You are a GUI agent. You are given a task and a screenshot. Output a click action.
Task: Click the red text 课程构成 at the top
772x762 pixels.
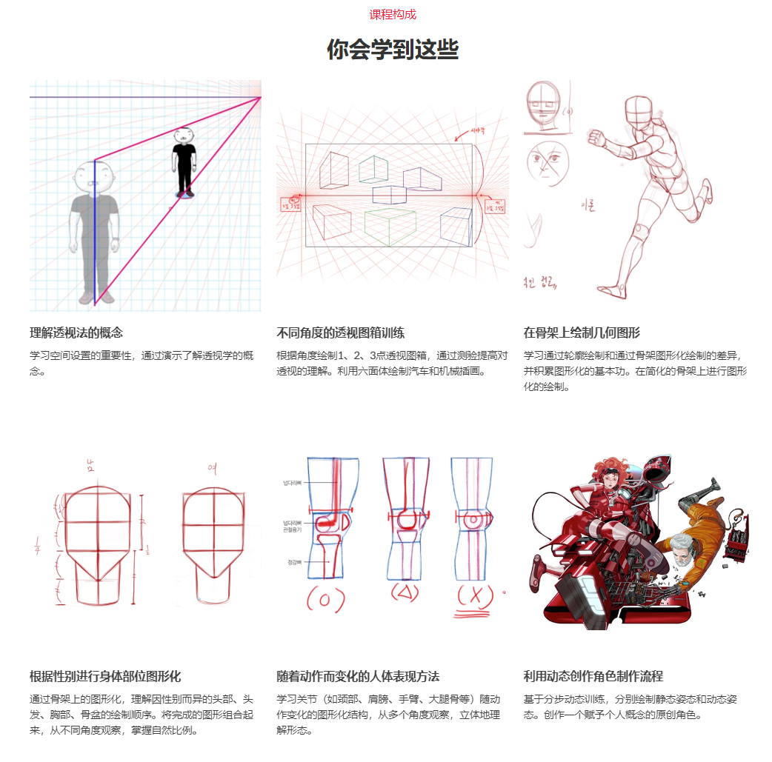point(393,14)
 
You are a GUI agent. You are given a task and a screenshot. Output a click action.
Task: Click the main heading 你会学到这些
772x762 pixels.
point(393,50)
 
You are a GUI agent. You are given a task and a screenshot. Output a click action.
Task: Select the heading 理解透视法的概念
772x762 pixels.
point(76,332)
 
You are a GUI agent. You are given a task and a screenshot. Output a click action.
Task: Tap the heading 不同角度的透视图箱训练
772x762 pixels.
point(340,332)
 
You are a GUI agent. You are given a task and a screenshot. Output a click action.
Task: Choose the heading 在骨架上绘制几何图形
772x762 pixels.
point(582,332)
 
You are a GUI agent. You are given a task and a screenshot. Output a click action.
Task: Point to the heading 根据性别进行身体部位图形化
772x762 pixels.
point(105,676)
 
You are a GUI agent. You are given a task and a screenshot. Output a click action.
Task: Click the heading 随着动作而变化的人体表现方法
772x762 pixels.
point(358,676)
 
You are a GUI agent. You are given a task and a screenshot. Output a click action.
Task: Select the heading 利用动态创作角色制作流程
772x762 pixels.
point(593,676)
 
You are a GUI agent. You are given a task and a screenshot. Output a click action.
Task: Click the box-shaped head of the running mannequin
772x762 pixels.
point(639,112)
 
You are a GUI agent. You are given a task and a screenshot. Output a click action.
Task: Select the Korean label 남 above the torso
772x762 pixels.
point(91,466)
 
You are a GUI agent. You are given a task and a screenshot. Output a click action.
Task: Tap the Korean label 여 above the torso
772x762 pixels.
point(212,467)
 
